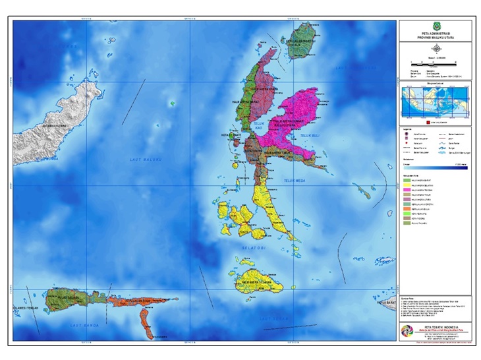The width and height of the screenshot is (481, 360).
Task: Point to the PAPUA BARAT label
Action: (x=385, y=303)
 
